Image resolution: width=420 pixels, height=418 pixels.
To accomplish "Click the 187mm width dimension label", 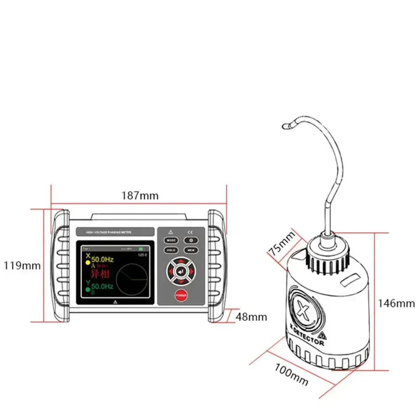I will [x=140, y=195].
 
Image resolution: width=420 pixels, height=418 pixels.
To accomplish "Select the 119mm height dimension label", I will [x=22, y=266].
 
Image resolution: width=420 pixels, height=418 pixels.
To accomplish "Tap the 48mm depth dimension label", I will [x=251, y=317].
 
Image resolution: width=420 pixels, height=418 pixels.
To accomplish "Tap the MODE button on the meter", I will [x=171, y=240].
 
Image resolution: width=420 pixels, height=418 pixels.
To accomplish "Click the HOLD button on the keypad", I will [x=171, y=250].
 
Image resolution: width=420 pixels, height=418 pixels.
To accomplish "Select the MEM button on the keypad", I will [x=191, y=250].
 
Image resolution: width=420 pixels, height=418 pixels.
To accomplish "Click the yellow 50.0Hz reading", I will [x=102, y=259].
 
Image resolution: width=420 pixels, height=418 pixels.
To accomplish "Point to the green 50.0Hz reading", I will [x=102, y=287].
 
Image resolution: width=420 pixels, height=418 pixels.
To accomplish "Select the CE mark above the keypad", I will [x=190, y=231].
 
